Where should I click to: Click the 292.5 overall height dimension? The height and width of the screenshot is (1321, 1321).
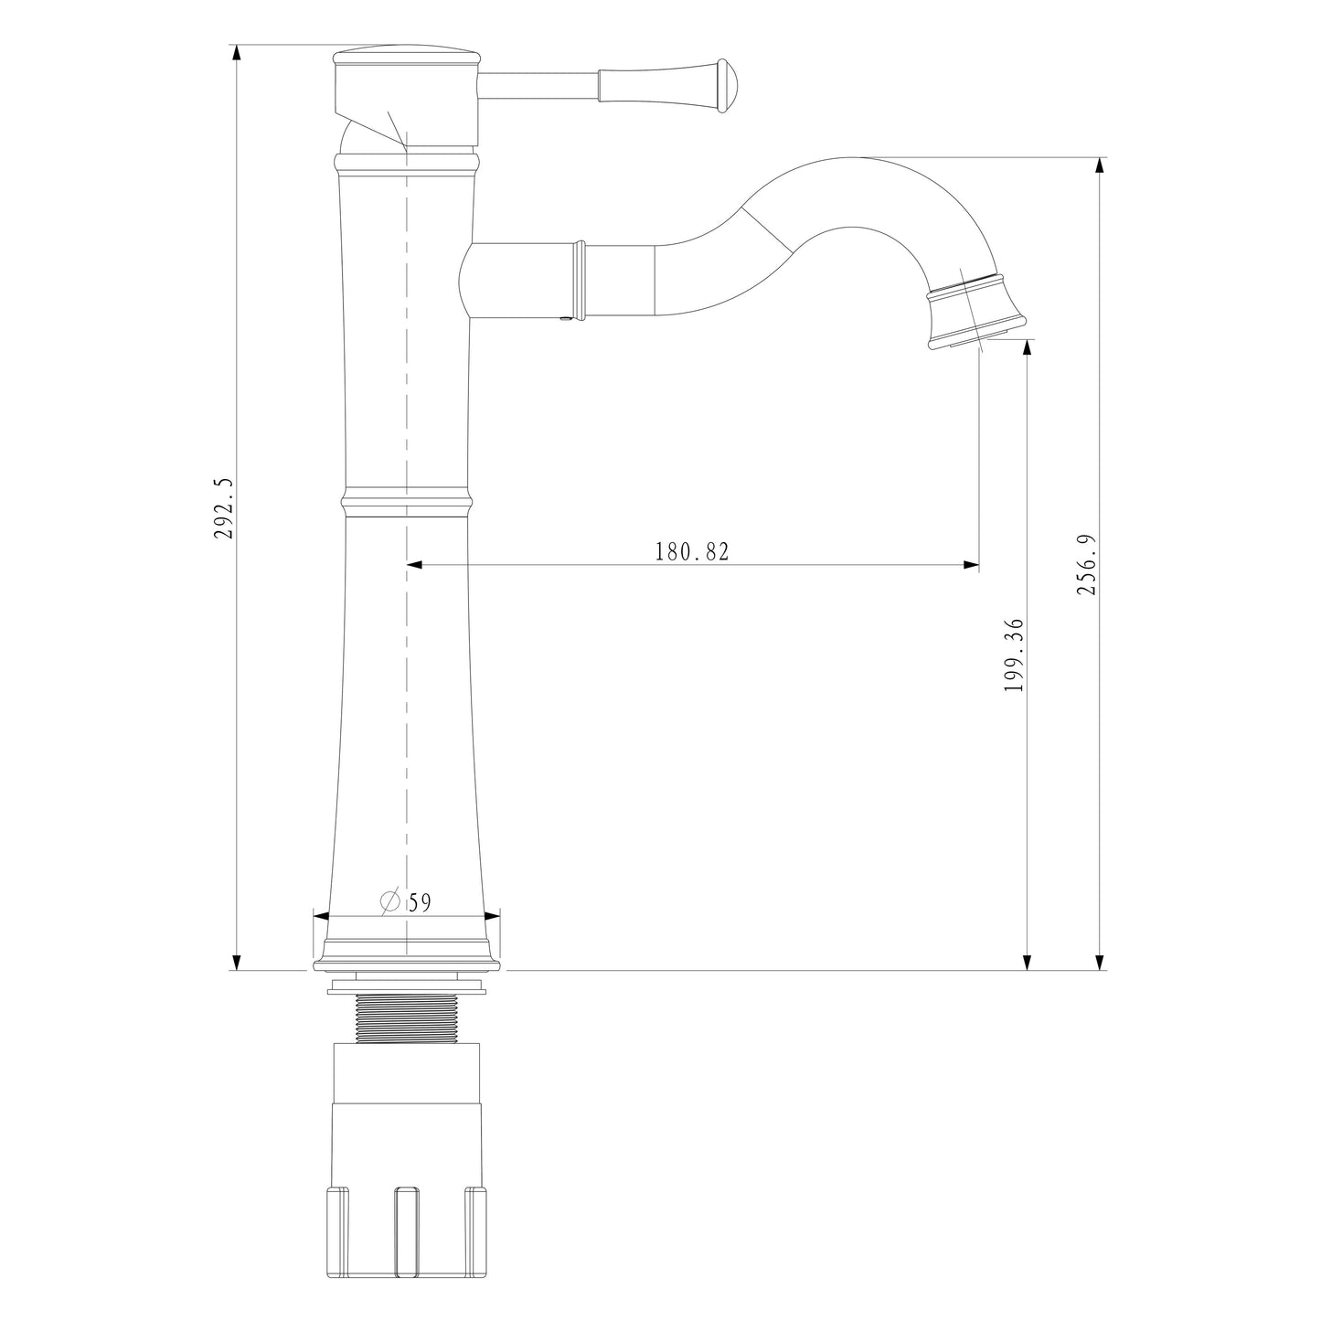tap(225, 508)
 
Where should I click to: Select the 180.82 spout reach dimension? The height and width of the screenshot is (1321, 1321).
tap(692, 551)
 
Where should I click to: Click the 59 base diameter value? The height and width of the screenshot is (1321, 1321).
tap(420, 903)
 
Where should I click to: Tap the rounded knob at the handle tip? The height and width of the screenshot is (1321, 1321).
tap(726, 86)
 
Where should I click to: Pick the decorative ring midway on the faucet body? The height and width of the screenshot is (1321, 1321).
tap(407, 502)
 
